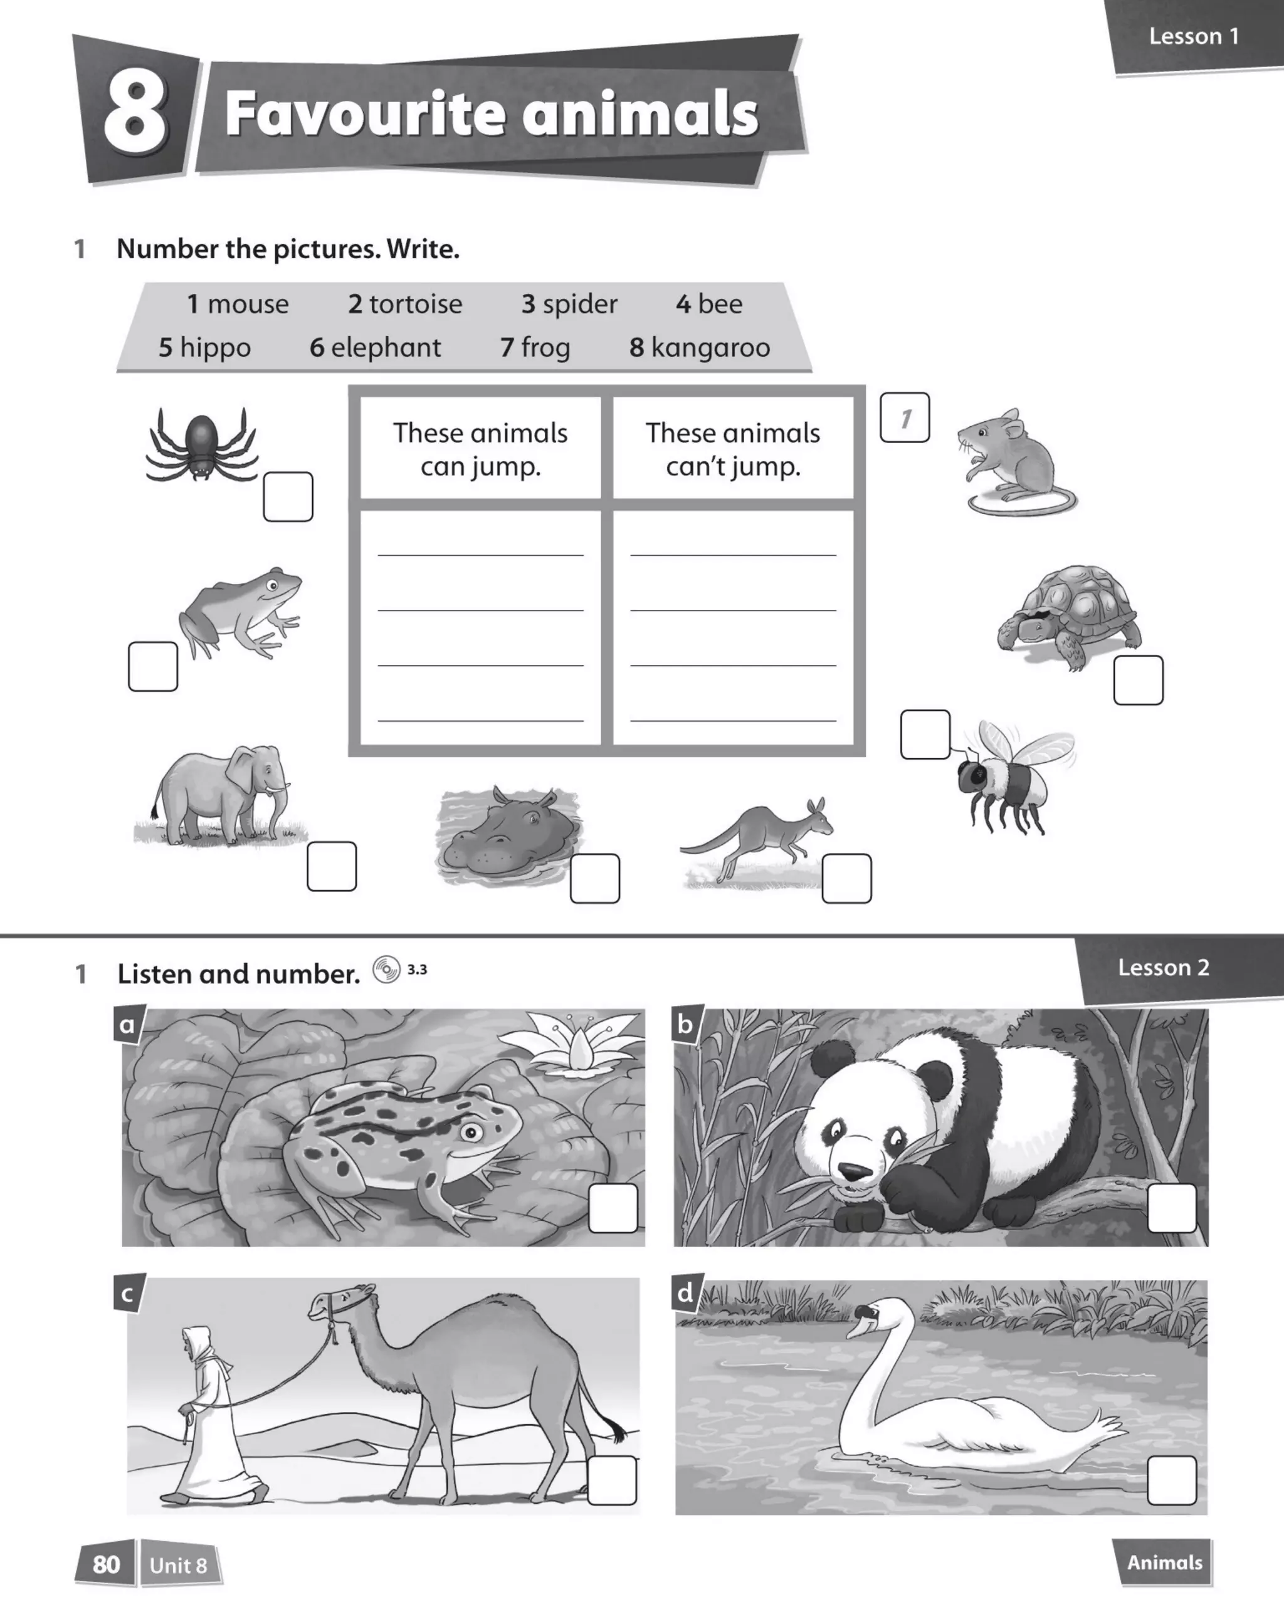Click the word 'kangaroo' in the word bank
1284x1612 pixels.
pyautogui.click(x=710, y=348)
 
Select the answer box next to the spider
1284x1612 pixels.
pyautogui.click(x=288, y=496)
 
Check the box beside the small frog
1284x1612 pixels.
pyautogui.click(x=152, y=666)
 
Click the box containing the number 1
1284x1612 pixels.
pyautogui.click(x=904, y=417)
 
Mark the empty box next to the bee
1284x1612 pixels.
pyautogui.click(x=925, y=734)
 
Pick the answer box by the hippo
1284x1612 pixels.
pyautogui.click(x=594, y=878)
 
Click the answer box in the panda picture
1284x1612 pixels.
pyautogui.click(x=1171, y=1208)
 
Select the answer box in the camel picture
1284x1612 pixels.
pyautogui.click(x=612, y=1480)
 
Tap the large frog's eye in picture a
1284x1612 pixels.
pyautogui.click(x=471, y=1132)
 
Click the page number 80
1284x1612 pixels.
pyautogui.click(x=106, y=1564)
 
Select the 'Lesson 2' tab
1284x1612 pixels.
pyautogui.click(x=1163, y=968)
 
